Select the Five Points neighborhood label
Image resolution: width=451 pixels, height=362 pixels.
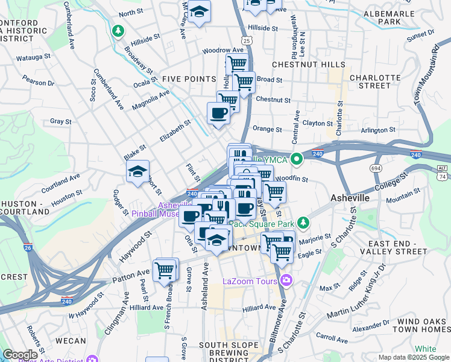click(x=189, y=79)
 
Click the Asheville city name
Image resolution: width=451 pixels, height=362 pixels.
click(x=354, y=198)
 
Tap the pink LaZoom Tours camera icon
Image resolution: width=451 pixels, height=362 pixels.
click(x=286, y=281)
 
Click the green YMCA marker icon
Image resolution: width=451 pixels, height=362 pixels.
click(x=296, y=159)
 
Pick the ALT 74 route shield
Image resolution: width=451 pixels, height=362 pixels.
click(x=443, y=172)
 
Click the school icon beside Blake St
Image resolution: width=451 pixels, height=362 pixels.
click(x=137, y=171)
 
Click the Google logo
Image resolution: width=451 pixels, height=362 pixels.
click(x=20, y=355)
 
